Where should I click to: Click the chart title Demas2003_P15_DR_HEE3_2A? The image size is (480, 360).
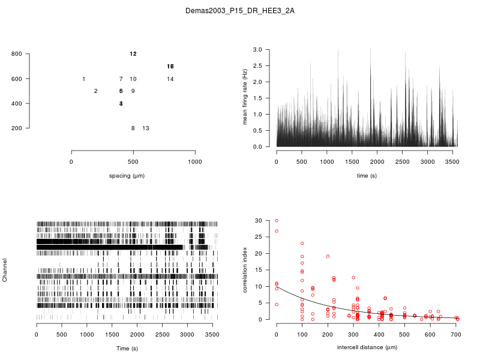(240, 11)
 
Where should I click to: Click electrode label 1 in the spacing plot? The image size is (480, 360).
(83, 79)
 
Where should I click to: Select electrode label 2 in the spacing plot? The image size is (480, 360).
(96, 91)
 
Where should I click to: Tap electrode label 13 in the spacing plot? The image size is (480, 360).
(146, 128)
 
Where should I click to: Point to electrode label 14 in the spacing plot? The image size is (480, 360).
(170, 79)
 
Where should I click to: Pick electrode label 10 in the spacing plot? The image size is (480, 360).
(133, 79)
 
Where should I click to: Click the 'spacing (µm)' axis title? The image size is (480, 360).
(127, 176)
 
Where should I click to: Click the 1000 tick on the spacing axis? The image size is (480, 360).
(195, 162)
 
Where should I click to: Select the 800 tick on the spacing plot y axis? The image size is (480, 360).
(17, 54)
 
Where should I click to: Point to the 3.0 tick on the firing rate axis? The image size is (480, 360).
(257, 49)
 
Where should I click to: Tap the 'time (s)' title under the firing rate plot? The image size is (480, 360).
(367, 176)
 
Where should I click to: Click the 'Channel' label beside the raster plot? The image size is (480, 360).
(5, 271)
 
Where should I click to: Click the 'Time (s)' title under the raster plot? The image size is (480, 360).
(127, 349)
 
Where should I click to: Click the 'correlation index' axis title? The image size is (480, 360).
(245, 270)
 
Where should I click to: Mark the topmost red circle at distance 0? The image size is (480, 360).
(277, 221)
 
